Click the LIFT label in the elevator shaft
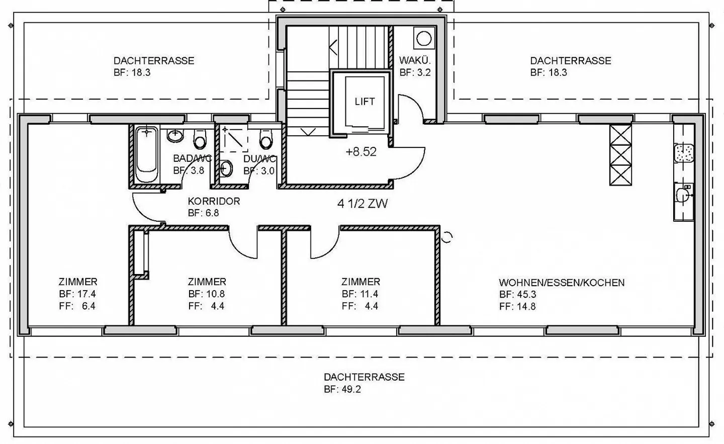(365, 102)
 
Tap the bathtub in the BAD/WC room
(147, 154)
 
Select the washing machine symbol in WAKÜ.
(424, 38)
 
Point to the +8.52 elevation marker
(360, 151)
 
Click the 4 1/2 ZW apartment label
(363, 204)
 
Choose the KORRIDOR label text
(214, 201)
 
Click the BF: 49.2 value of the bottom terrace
(342, 389)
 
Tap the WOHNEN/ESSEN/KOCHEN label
(562, 283)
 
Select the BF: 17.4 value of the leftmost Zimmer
(77, 294)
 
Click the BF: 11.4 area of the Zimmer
(360, 294)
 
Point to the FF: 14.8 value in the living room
(517, 306)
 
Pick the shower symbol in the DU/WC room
(234, 139)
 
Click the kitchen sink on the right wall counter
(684, 195)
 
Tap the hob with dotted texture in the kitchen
(684, 153)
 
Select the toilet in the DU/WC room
(266, 139)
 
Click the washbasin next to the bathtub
(175, 135)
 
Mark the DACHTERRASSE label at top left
(154, 61)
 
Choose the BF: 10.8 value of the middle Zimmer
(207, 294)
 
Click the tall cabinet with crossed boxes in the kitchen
(620, 155)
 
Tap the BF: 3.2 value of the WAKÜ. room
(415, 72)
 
